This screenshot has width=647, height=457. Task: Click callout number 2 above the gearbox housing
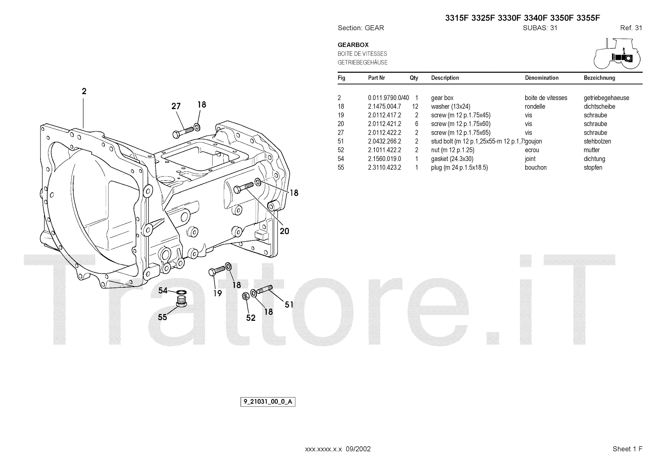(84, 91)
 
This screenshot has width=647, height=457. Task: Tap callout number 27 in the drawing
(176, 106)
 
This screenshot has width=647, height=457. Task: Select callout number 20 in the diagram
(285, 231)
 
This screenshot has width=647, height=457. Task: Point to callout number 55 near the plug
(163, 317)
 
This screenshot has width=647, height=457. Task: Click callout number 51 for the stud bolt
(289, 305)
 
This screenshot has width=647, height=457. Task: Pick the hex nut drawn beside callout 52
(245, 296)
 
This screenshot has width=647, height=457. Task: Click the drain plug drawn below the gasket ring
(182, 301)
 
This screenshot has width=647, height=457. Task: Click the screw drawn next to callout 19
(218, 270)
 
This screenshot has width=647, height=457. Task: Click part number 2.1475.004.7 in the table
(384, 107)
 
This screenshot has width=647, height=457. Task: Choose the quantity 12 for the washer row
(415, 107)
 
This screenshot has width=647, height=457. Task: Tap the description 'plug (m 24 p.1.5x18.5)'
(459, 168)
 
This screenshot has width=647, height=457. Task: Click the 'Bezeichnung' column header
(599, 78)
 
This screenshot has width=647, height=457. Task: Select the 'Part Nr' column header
(376, 78)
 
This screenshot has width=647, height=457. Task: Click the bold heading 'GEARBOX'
(353, 45)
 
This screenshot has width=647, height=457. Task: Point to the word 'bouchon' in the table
(535, 168)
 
